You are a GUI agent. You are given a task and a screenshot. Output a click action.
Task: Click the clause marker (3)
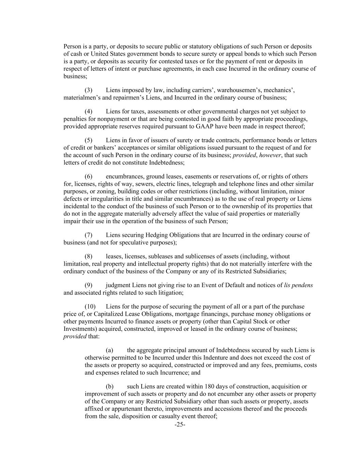(88, 90)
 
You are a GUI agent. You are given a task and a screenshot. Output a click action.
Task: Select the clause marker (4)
(88, 111)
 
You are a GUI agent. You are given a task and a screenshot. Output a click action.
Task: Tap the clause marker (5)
(88, 140)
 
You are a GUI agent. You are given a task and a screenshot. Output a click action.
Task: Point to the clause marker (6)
(88, 176)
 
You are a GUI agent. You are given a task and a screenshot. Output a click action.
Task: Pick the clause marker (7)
(88, 235)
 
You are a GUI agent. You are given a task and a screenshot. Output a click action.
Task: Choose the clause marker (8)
(88, 256)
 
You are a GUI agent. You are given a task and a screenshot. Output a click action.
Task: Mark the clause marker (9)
(88, 285)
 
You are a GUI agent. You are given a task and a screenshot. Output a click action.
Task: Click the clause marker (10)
(90, 307)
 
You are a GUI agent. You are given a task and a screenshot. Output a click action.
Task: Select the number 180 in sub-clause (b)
(209, 386)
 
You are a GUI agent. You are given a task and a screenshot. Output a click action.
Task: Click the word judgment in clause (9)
(118, 285)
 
